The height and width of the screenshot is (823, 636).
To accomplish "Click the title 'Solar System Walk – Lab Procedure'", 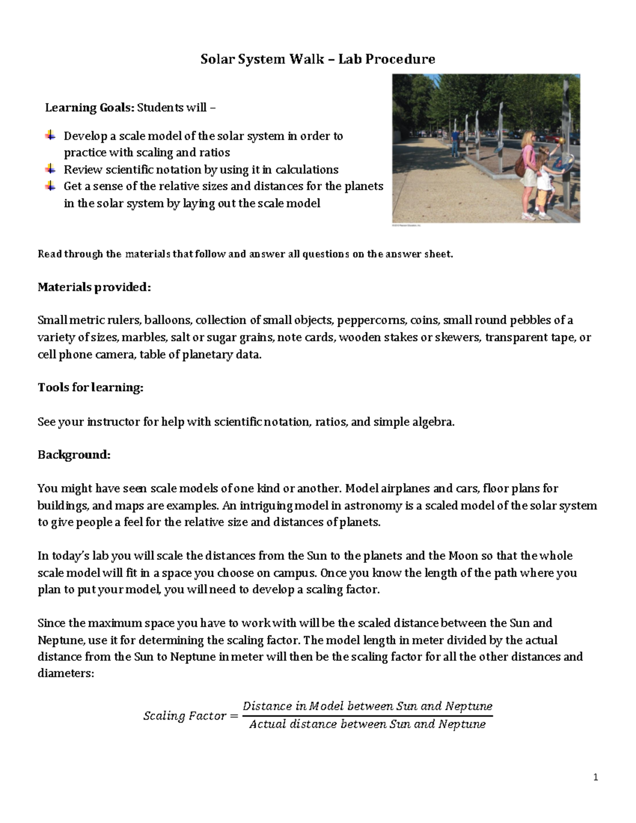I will pyautogui.click(x=317, y=59).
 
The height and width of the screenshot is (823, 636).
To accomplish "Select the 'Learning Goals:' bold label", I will pyautogui.click(x=90, y=108).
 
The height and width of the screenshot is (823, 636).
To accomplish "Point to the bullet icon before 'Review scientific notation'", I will pyautogui.click(x=50, y=169).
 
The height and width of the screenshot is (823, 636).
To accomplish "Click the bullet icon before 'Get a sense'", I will pyautogui.click(x=50, y=186).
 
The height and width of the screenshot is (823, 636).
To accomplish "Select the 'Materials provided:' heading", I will pyautogui.click(x=94, y=287).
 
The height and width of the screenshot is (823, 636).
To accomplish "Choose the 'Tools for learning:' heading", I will pyautogui.click(x=91, y=387).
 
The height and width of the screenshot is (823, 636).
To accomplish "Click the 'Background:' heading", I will pyautogui.click(x=74, y=455).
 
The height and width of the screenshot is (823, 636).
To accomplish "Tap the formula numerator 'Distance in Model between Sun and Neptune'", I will pyautogui.click(x=367, y=706).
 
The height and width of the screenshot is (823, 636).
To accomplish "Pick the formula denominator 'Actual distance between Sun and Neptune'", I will pyautogui.click(x=367, y=724).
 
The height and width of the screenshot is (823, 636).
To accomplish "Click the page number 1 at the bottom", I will pyautogui.click(x=596, y=777).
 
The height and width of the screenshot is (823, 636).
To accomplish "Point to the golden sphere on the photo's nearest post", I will pyautogui.click(x=561, y=140).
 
